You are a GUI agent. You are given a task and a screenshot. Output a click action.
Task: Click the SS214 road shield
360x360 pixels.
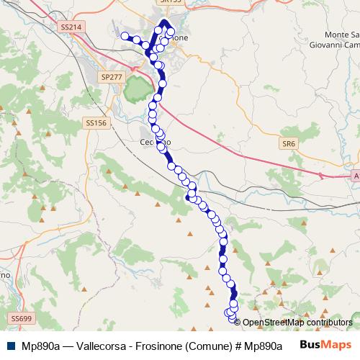click(x=69, y=27)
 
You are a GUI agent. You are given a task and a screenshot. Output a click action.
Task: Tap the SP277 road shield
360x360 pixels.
click(x=111, y=76)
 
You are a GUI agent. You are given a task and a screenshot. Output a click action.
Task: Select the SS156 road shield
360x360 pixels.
click(x=96, y=124)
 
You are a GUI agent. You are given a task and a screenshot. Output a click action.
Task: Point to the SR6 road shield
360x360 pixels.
click(x=289, y=144)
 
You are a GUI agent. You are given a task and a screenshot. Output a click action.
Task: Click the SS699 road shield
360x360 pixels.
click(x=22, y=318)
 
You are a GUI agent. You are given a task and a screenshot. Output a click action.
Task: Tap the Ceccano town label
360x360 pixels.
click(x=153, y=143)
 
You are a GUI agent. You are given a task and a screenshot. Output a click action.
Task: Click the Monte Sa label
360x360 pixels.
click(x=341, y=35)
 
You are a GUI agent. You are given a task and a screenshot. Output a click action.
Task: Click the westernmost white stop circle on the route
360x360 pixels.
click(x=125, y=36)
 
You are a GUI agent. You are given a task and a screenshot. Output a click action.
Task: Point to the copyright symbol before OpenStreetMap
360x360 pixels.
click(x=238, y=322)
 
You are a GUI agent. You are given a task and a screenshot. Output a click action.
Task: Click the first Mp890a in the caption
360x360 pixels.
click(x=39, y=345)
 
